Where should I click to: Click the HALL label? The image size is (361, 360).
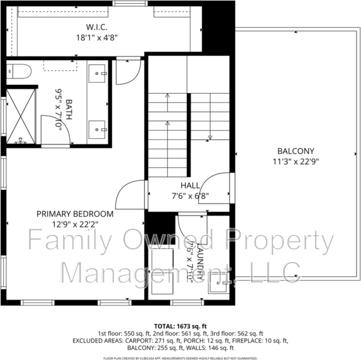click(x=190, y=185)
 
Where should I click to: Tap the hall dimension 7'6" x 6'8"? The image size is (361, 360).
click(x=190, y=195)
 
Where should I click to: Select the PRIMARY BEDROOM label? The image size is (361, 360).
click(x=75, y=214)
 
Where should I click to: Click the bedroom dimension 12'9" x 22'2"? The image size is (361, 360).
click(x=75, y=224)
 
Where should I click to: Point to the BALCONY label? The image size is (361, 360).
click(x=295, y=151)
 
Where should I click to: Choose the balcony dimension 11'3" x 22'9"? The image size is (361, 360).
click(x=295, y=161)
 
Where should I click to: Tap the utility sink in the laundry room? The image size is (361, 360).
click(x=219, y=286)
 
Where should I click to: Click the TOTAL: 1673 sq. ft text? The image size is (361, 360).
click(x=180, y=326)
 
